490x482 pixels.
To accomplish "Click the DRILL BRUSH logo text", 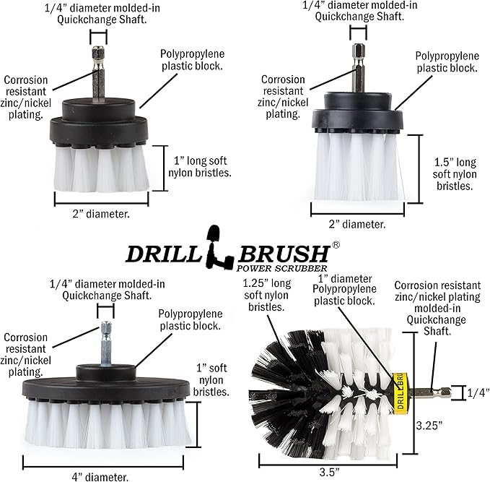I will pyautogui.click(x=227, y=254).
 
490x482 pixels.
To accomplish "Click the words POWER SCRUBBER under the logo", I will pyautogui.click(x=281, y=268).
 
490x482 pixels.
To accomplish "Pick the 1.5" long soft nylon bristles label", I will pyautogui.click(x=455, y=174).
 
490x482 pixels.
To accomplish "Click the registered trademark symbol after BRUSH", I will pyautogui.click(x=336, y=245).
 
